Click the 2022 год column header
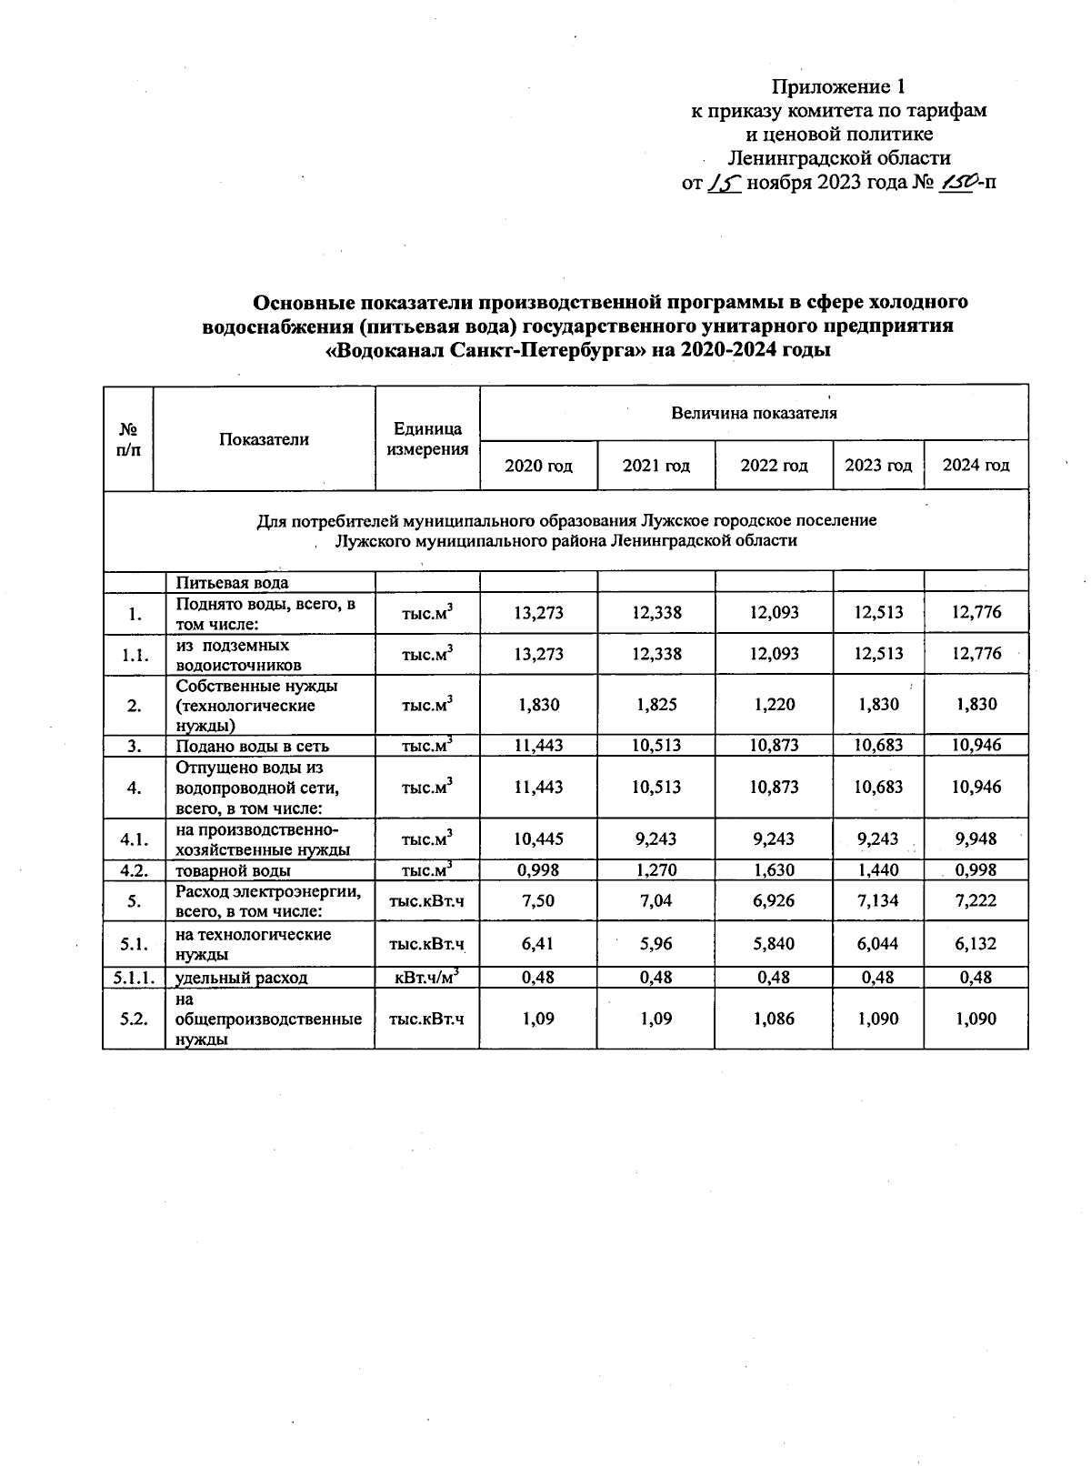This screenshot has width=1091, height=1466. pos(774,466)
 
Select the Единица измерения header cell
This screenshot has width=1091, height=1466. pos(427,438)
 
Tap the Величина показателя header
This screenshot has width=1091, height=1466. pos(754,414)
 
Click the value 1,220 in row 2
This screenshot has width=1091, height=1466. pos(774,704)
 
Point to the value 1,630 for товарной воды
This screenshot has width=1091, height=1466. pos(774,870)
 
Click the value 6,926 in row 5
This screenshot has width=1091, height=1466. pos(774,900)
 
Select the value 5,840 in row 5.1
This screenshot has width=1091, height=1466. pos(774,944)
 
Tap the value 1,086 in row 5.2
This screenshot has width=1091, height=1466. pos(774,1019)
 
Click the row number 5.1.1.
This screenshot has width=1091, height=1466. pos(134,978)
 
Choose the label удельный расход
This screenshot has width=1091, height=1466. pos(241,978)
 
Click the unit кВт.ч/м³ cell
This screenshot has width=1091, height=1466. pos(426,977)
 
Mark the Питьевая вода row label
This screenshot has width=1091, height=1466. pos(232,583)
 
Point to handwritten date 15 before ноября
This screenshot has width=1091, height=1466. pos(726,183)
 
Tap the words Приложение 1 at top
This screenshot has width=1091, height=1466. pos(838,87)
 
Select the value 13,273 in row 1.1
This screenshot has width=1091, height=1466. pos(538,654)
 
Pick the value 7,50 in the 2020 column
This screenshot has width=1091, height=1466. pos(538,900)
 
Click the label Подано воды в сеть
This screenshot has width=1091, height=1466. pos(252,746)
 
